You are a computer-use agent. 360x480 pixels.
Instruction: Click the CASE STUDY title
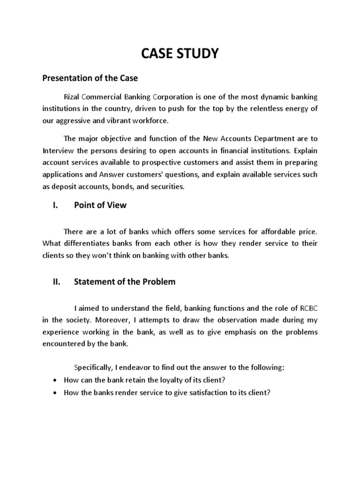[180, 54]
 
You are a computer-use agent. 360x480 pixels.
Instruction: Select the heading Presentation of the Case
[90, 78]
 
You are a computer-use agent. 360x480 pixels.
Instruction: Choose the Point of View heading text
[100, 205]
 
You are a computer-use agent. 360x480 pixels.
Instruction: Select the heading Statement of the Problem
[125, 282]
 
